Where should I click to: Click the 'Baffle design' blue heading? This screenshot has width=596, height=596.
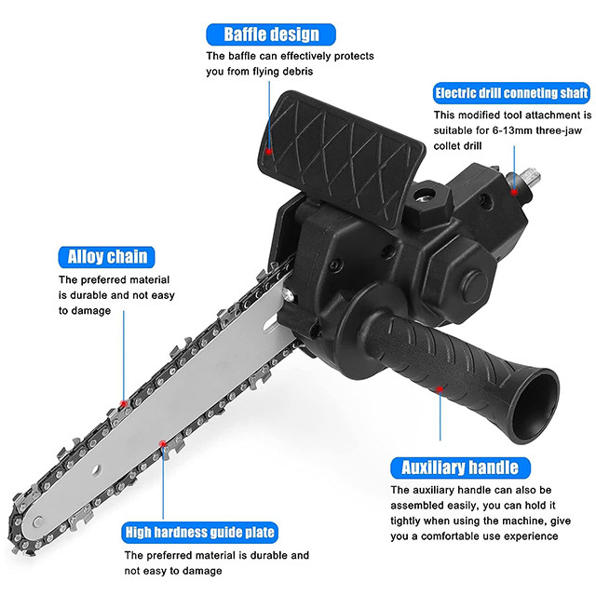click(271, 34)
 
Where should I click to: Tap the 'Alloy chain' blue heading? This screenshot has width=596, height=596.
click(107, 257)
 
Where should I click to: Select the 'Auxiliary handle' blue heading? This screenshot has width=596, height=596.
click(460, 467)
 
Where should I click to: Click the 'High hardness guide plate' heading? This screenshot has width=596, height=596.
click(200, 533)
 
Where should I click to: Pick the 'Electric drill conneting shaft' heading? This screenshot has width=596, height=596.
click(511, 93)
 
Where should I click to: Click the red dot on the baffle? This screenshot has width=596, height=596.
click(269, 151)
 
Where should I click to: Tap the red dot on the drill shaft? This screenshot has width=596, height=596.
click(514, 193)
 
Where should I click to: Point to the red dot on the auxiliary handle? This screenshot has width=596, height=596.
click(440, 389)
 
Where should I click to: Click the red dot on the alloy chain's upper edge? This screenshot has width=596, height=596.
click(124, 403)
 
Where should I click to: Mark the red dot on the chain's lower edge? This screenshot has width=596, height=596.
click(163, 443)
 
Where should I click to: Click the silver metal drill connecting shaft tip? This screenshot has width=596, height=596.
click(529, 177)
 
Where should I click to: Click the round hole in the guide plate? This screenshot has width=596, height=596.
click(96, 469)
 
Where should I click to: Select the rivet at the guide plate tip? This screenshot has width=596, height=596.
click(38, 521)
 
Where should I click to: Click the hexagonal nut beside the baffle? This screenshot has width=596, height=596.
click(428, 200)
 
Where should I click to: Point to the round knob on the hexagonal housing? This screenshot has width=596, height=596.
click(475, 286)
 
